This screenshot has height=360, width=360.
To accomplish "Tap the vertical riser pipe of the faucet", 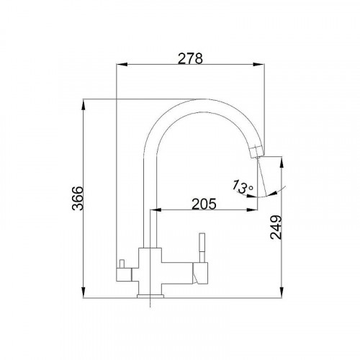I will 152,202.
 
